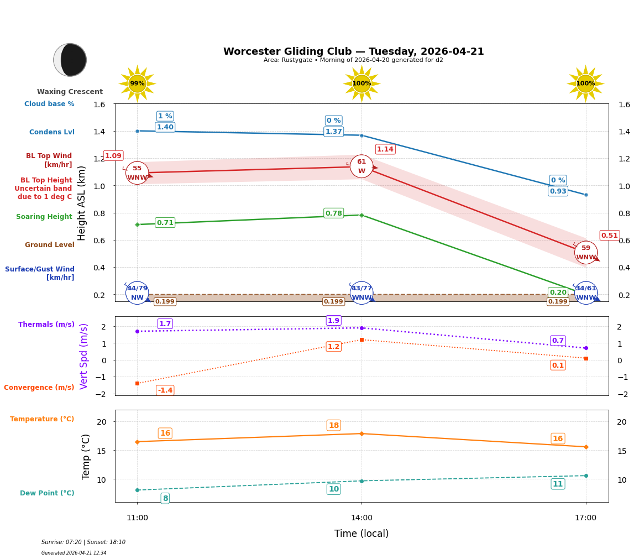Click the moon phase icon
point(70,60)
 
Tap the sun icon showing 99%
point(137,83)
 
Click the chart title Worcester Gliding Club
point(353,51)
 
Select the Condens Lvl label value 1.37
point(333,132)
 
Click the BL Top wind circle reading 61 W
point(361,166)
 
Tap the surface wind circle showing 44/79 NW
point(137,293)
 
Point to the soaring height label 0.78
point(333,213)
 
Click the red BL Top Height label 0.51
point(609,236)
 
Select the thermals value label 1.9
point(333,321)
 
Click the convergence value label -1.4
point(165,390)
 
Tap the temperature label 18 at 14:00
point(333,425)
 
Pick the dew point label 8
point(165,498)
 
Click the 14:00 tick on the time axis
point(361,518)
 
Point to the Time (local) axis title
point(361,534)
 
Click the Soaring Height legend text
point(44,217)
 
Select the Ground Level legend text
point(49,245)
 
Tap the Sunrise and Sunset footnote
point(83,542)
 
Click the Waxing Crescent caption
point(70,92)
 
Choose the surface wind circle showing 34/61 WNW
point(585,293)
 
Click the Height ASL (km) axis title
point(82,203)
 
